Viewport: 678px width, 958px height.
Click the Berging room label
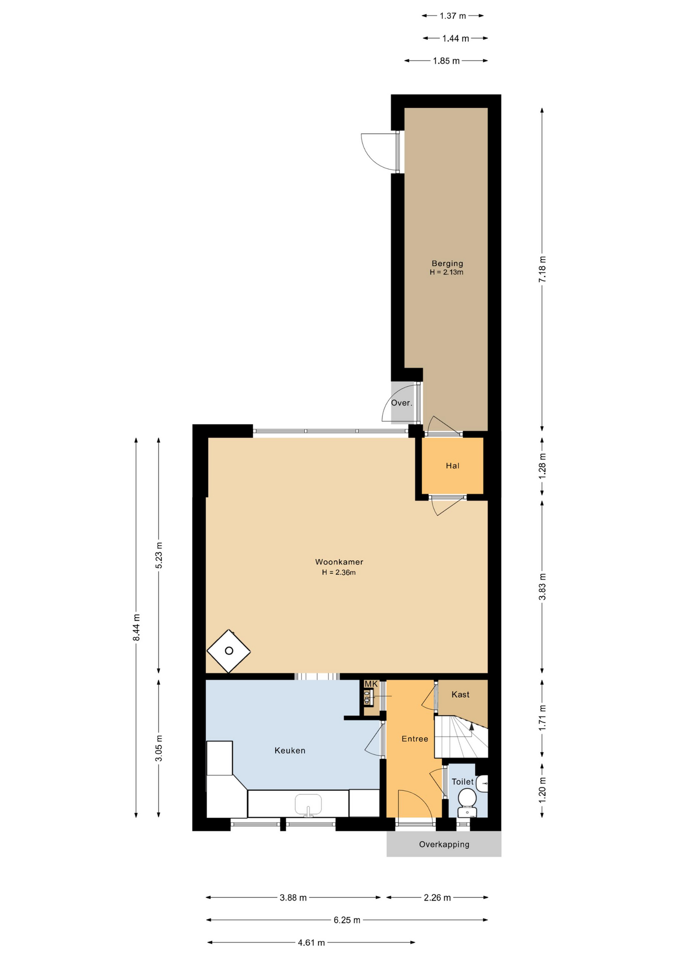(447, 263)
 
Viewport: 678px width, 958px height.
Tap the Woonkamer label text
(339, 562)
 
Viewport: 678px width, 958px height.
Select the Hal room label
(452, 466)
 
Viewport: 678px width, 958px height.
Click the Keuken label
(290, 750)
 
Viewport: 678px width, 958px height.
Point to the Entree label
(415, 738)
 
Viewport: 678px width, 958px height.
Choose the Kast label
(460, 694)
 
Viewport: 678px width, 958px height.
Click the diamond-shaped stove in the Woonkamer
(229, 651)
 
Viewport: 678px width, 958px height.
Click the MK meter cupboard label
(371, 684)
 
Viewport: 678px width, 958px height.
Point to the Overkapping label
(444, 844)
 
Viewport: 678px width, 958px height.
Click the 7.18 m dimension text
(542, 269)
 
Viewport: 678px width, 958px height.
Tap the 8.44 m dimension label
(136, 628)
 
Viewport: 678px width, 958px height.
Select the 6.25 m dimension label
(347, 920)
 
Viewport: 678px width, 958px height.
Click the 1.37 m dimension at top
(453, 16)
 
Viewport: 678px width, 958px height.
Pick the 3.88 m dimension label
(293, 897)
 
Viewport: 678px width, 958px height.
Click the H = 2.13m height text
(446, 272)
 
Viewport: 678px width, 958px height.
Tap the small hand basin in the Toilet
(482, 784)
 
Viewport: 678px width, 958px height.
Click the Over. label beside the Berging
(401, 403)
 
